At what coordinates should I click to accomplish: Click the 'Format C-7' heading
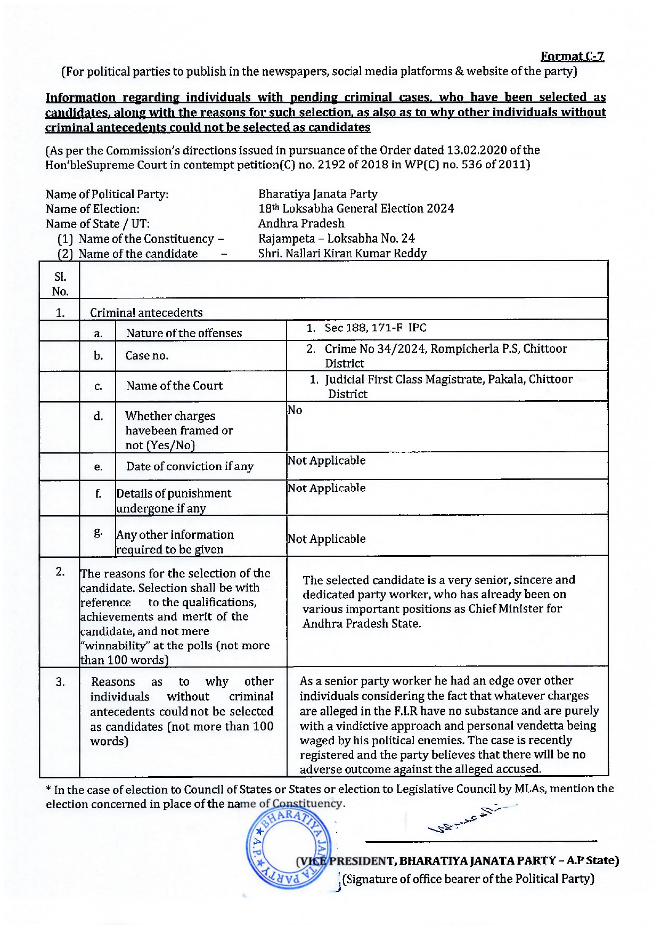[x=572, y=56]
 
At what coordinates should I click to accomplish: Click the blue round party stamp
[x=288, y=848]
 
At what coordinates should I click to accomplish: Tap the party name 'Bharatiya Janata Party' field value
[x=318, y=194]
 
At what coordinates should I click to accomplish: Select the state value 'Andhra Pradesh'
[x=301, y=223]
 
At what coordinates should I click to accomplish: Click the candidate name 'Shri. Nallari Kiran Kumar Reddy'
[x=342, y=254]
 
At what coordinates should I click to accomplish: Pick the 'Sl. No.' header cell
[x=60, y=284]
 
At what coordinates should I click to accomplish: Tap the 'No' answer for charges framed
[x=295, y=410]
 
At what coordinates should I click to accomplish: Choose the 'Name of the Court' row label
[x=174, y=386]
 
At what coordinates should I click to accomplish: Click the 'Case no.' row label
[x=147, y=356]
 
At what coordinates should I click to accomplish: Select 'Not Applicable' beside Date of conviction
[x=327, y=461]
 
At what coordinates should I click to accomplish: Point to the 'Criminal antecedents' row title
[x=146, y=313]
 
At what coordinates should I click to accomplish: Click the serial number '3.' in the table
[x=60, y=682]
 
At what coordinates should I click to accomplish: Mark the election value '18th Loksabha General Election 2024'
[x=356, y=209]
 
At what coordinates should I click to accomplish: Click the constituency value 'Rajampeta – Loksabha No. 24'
[x=336, y=239]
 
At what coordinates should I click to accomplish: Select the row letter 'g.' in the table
[x=98, y=532]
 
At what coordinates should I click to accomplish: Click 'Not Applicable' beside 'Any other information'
[x=327, y=539]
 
